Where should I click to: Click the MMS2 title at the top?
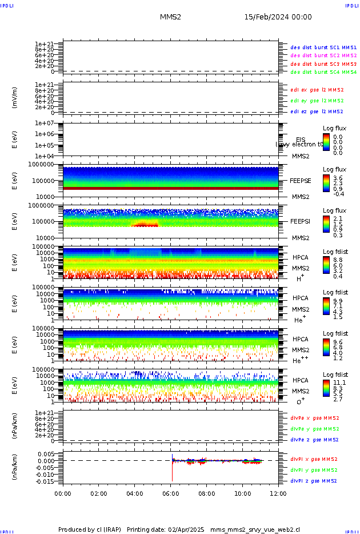tap(170, 17)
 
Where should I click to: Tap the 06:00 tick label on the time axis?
tap(171, 493)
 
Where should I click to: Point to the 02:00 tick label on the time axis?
tap(99, 493)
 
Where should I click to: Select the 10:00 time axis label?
tap(242, 493)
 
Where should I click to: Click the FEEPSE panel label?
tap(300, 180)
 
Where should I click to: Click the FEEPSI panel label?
tap(300, 221)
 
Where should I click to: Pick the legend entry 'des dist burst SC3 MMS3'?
tap(323, 64)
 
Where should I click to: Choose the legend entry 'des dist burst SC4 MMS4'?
tap(323, 73)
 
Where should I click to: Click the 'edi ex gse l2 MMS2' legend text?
tap(317, 90)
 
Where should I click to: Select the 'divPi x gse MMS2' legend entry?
tap(314, 459)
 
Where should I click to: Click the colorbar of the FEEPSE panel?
tap(326, 182)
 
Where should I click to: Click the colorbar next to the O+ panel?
tap(326, 388)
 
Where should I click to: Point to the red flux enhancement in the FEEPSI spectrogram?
tap(145, 225)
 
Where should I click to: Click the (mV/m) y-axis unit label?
tap(15, 98)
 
